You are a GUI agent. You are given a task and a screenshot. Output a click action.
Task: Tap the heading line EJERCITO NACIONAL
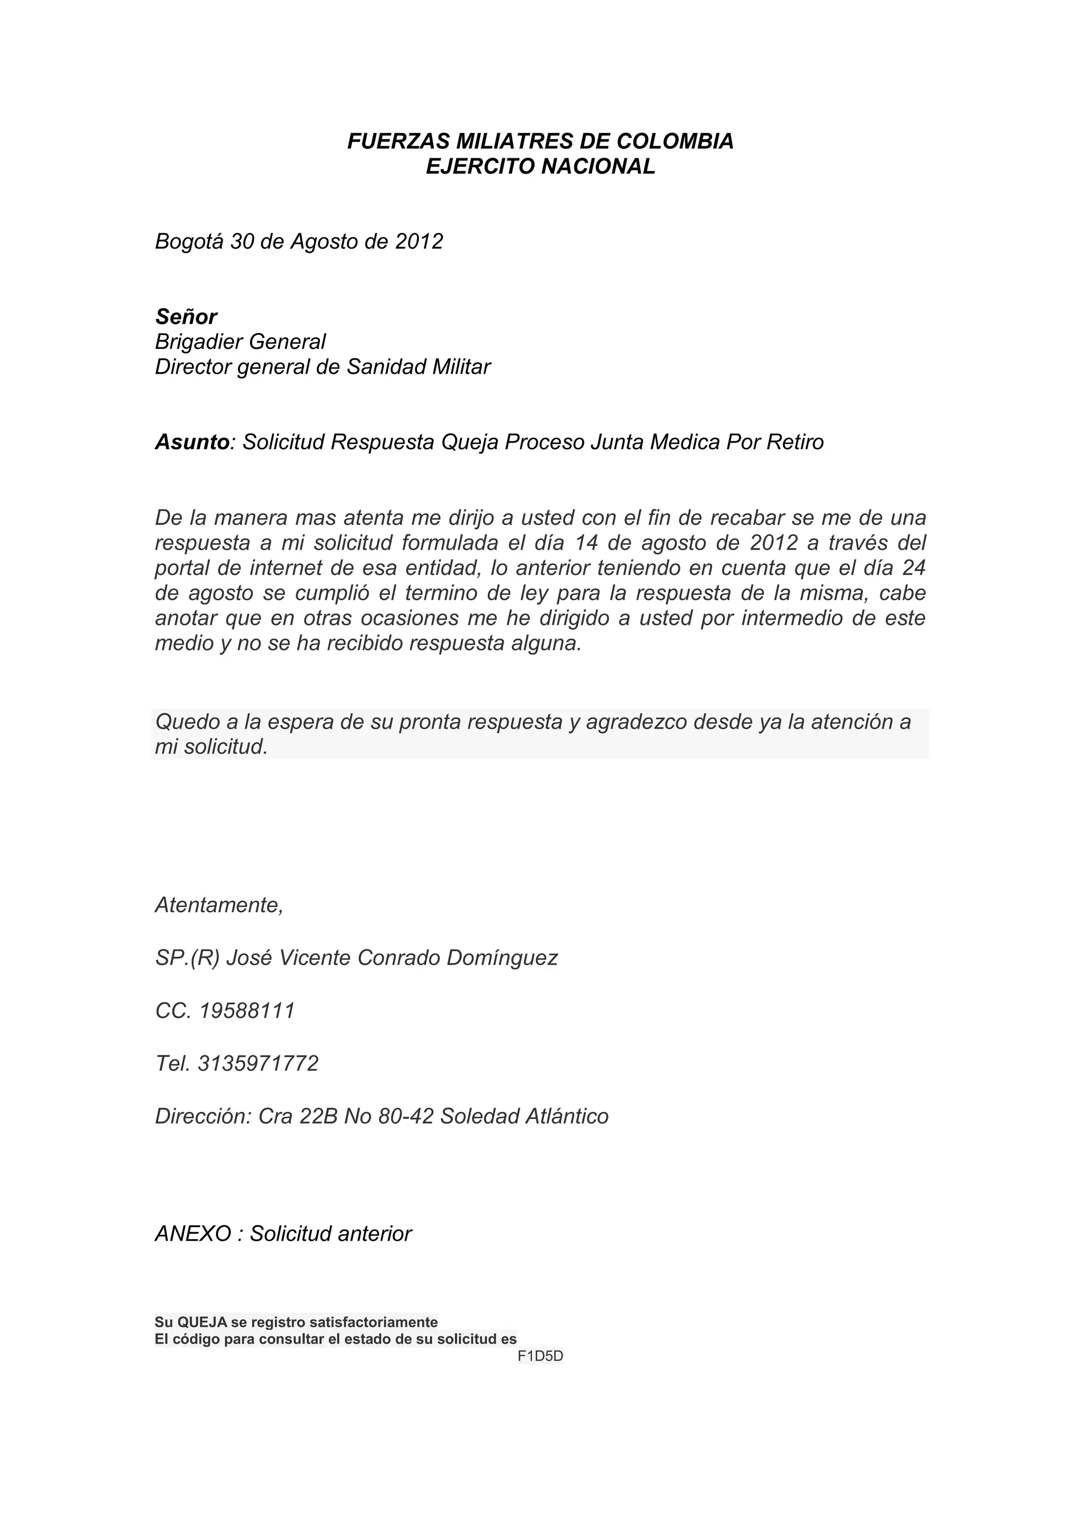point(540,166)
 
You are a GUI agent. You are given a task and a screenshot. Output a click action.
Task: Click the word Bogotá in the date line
point(189,242)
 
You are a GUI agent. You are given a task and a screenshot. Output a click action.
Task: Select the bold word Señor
point(186,316)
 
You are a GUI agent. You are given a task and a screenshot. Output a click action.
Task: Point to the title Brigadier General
point(240,342)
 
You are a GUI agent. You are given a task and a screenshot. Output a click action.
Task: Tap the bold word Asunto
point(192,442)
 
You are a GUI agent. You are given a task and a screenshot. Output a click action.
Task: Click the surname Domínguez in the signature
point(502,958)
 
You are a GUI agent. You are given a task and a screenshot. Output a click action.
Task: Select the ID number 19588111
point(247,1011)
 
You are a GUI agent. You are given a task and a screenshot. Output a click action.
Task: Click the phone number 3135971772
point(258,1063)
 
